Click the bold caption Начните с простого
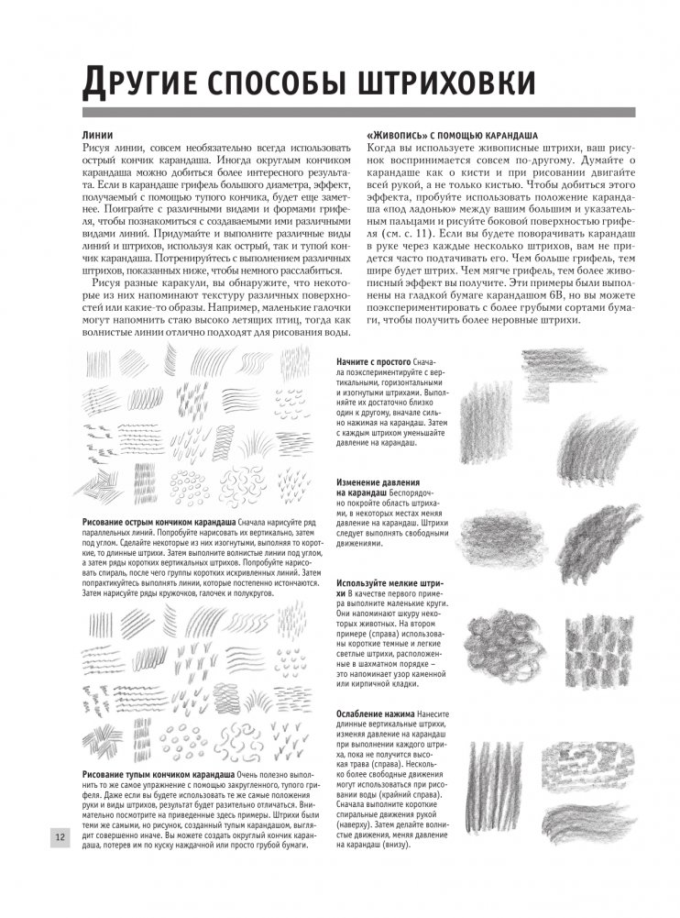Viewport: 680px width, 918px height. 374,362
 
